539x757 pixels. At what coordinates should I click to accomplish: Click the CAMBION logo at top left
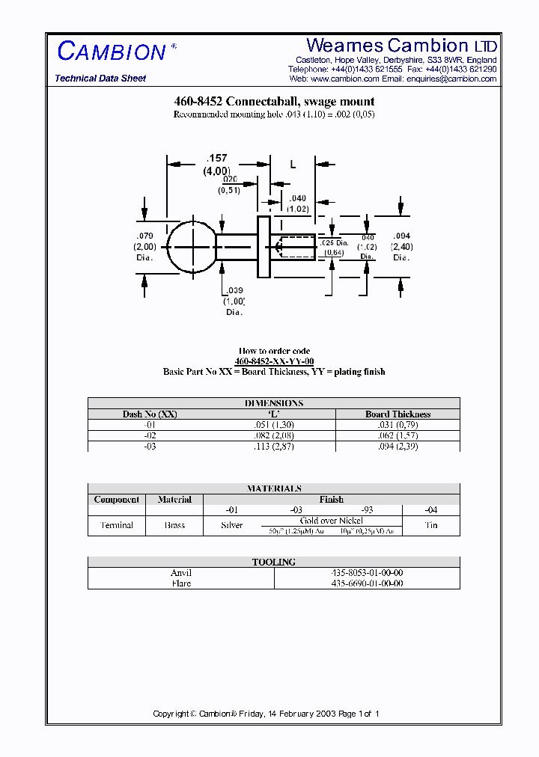click(x=112, y=52)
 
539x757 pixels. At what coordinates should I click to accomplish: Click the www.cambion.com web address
click(x=344, y=79)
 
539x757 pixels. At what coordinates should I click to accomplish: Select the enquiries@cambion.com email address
click(x=451, y=79)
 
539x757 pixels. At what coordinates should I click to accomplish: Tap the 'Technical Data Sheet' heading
click(x=100, y=79)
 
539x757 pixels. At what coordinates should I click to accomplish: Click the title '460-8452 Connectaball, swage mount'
click(x=274, y=102)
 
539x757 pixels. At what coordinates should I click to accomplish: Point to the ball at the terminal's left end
click(x=192, y=247)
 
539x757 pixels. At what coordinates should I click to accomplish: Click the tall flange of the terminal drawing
click(x=263, y=247)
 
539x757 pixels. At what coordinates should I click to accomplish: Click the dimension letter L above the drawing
click(x=293, y=163)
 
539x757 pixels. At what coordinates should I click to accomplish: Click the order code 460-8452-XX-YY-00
click(x=274, y=361)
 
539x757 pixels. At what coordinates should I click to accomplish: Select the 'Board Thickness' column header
click(x=398, y=414)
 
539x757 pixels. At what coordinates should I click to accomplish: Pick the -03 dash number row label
click(x=150, y=447)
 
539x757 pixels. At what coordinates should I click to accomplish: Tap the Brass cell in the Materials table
click(x=174, y=525)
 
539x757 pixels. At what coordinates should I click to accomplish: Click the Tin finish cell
click(x=431, y=525)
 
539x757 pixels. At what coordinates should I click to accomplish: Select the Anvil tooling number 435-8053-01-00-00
click(x=367, y=573)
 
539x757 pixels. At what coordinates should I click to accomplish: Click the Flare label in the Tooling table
click(x=181, y=583)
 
